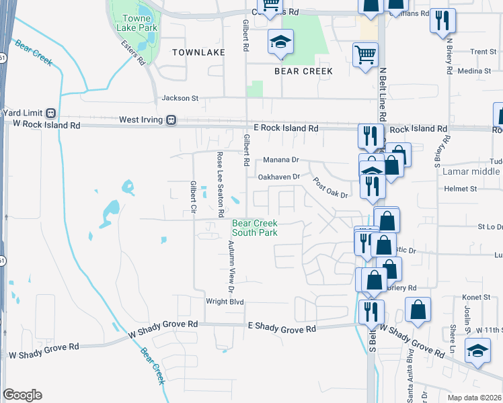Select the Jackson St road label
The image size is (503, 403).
tap(180, 98)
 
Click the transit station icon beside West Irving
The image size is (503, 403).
tap(171, 120)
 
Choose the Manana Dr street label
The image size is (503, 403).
tap(280, 161)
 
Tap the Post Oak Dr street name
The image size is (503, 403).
tap(331, 187)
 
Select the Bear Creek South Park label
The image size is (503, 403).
tap(255, 228)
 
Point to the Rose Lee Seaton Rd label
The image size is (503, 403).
tap(220, 184)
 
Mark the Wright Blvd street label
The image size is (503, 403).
tap(225, 302)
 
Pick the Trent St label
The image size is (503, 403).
tap(483, 52)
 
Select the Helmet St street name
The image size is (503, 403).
tap(460, 189)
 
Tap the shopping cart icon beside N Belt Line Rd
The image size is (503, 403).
tap(366, 55)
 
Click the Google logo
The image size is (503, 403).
tap(22, 395)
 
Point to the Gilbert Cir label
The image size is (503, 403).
tap(193, 198)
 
